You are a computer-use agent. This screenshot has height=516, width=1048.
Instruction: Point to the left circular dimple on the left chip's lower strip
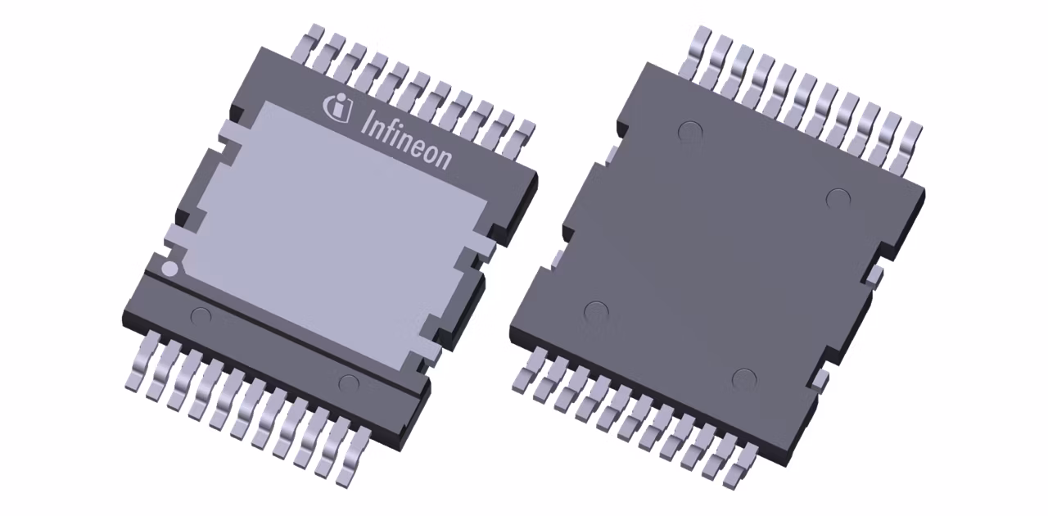(200, 315)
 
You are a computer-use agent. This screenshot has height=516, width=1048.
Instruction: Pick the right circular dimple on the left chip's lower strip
(349, 382)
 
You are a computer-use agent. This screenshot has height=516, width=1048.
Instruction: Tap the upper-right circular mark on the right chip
(837, 198)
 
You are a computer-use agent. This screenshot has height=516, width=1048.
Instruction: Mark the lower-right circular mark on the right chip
(743, 379)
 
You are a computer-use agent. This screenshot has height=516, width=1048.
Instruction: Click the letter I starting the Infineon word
(365, 121)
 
